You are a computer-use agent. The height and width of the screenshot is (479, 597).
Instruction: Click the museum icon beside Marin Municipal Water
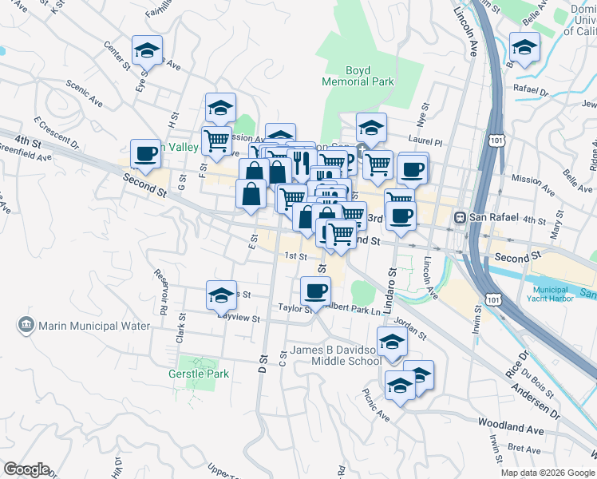25,326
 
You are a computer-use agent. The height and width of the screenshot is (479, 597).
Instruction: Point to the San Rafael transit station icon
460,218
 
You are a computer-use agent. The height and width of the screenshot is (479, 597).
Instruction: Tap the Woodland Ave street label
511,430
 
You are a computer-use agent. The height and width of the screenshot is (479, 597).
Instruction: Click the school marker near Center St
147,51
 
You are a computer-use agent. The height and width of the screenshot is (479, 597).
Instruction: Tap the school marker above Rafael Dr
524,48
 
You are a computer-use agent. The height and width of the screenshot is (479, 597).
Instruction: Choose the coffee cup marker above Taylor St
316,291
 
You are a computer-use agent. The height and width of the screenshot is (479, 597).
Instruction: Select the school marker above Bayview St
222,295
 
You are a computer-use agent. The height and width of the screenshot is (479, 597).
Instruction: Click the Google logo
26,469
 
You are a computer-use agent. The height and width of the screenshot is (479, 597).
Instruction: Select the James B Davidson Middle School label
335,355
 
